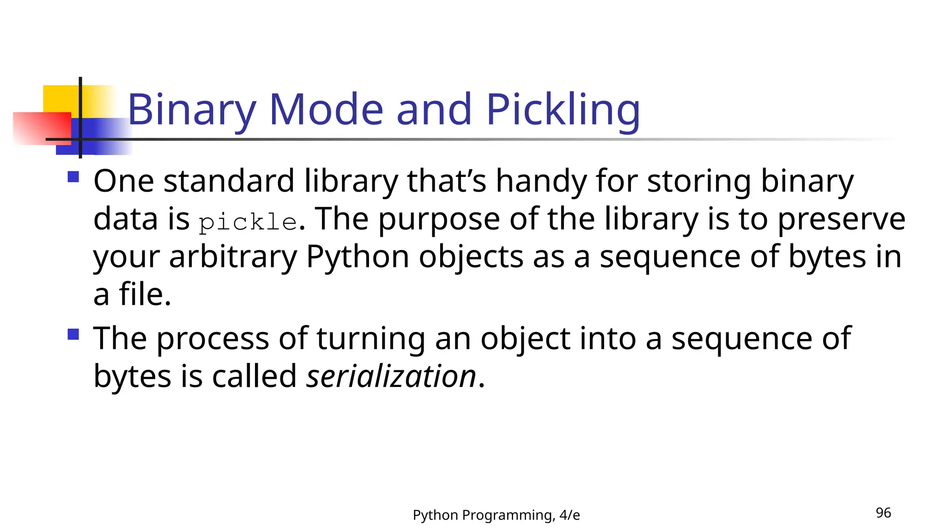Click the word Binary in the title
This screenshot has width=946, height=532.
tap(191, 110)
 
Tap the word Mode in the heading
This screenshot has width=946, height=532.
tap(326, 110)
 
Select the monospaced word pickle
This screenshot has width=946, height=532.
tap(248, 222)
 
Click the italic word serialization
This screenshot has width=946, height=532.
tap(391, 376)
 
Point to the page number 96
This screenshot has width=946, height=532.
tap(883, 513)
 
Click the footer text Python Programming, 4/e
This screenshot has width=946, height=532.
tap(496, 515)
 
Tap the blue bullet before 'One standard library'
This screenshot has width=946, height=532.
tap(73, 177)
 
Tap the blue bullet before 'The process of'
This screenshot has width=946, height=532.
tap(73, 334)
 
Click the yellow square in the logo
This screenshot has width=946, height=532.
tap(60, 98)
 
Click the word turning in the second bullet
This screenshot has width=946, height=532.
tap(370, 339)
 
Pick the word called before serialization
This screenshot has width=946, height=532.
tap(254, 376)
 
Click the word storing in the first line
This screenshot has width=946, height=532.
tap(699, 181)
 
